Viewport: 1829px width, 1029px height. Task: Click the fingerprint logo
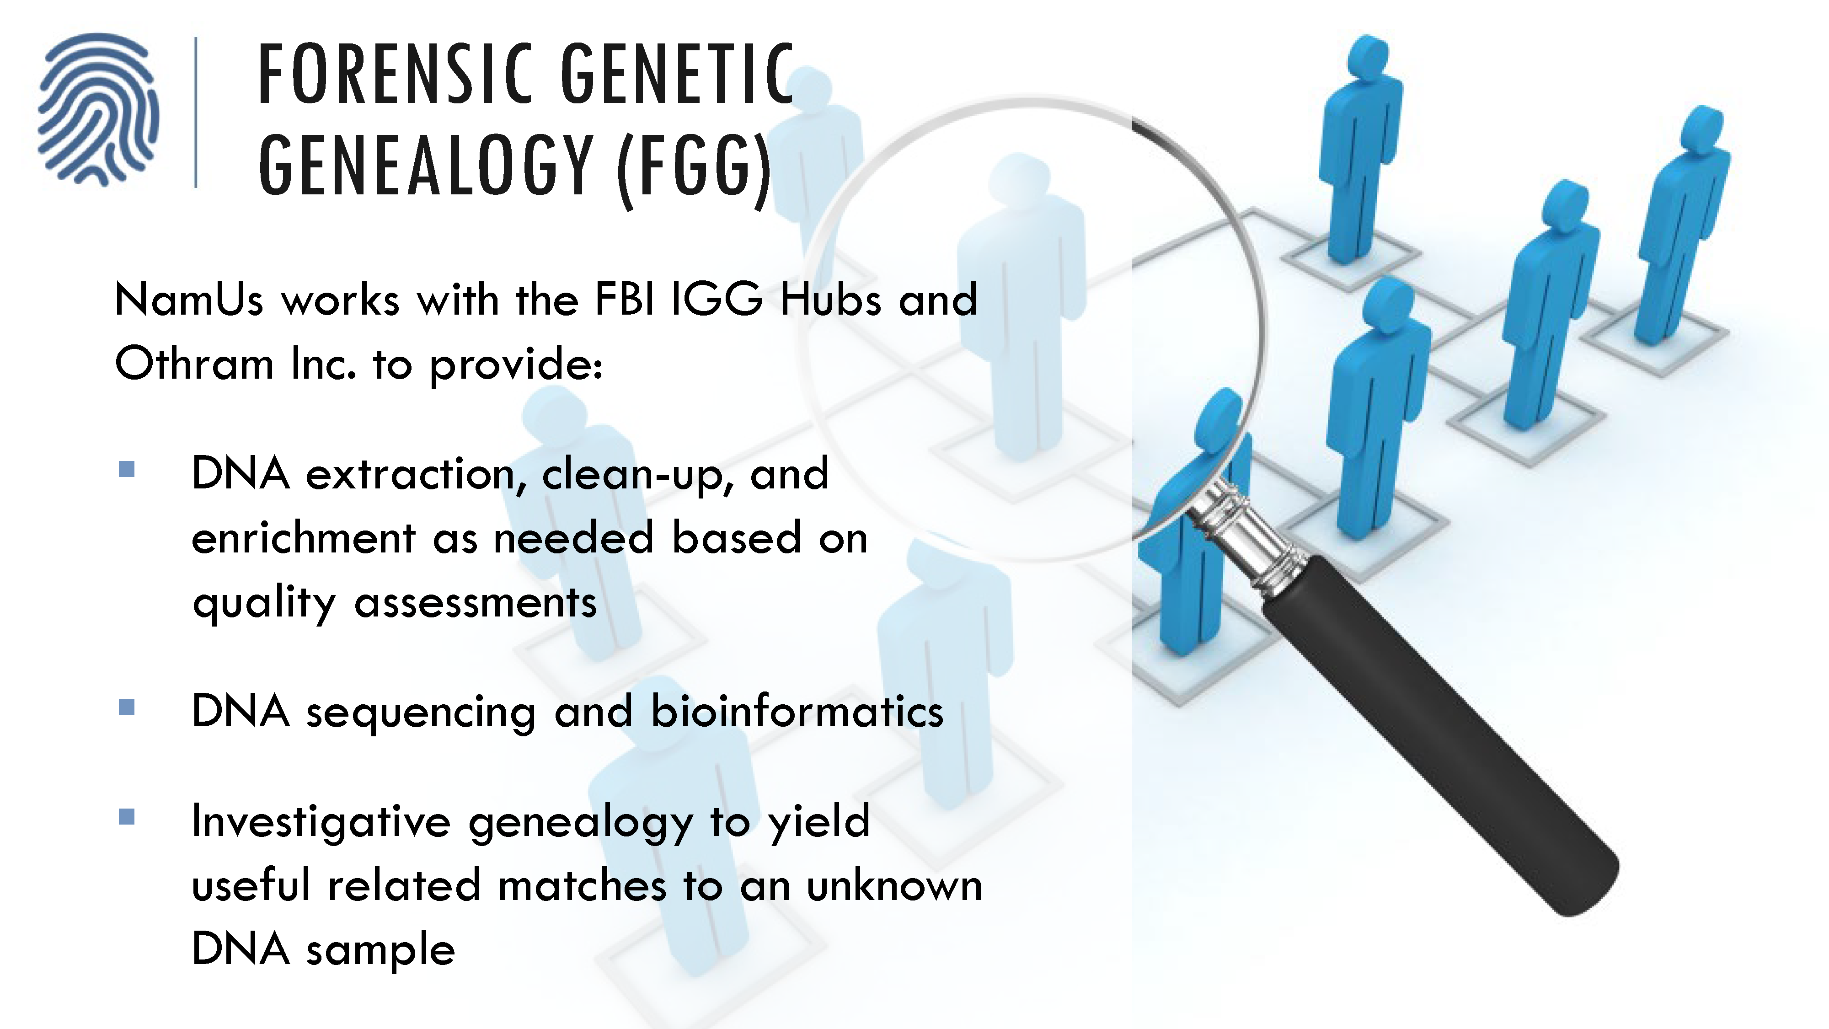(x=98, y=110)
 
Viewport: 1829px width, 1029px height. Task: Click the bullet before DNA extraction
(x=127, y=469)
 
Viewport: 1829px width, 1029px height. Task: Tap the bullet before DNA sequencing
(x=127, y=707)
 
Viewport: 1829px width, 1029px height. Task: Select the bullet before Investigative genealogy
(x=127, y=817)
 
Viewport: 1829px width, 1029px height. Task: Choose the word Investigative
(x=321, y=822)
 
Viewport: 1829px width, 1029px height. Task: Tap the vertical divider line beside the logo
(x=196, y=112)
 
